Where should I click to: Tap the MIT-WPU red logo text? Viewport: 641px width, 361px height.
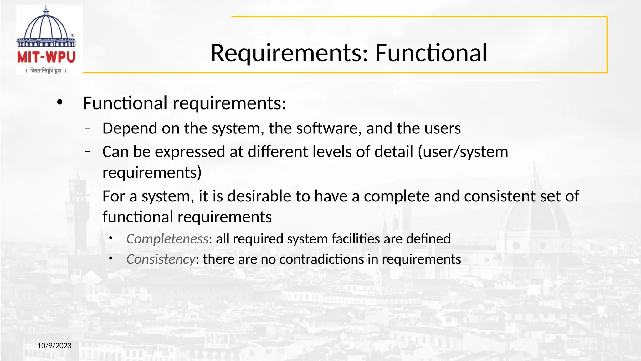(46, 57)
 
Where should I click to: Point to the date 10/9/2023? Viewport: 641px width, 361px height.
(54, 346)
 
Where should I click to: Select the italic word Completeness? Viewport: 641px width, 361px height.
(167, 239)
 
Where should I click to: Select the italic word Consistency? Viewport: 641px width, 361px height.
(161, 259)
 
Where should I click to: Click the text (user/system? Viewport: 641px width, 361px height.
(463, 152)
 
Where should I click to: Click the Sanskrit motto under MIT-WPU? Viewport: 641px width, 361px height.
(46, 71)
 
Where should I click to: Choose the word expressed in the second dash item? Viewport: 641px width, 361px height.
(190, 152)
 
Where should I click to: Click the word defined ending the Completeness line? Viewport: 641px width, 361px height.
(428, 239)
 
